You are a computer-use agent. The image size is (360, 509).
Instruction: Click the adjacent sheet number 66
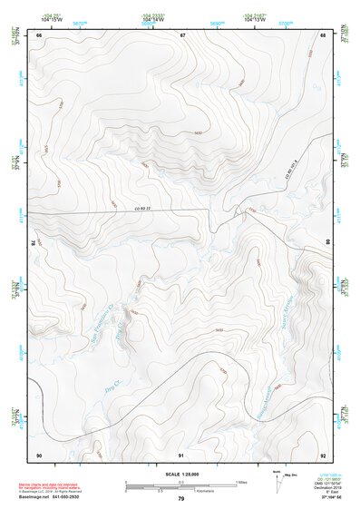(x=39, y=34)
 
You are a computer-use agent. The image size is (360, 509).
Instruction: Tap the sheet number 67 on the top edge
(x=182, y=34)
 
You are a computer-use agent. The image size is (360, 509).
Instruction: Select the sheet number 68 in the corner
(x=324, y=34)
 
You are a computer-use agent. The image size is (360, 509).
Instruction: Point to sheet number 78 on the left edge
(x=34, y=242)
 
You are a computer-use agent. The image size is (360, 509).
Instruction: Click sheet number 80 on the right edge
(x=328, y=242)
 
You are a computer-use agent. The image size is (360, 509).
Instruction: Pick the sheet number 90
(x=39, y=454)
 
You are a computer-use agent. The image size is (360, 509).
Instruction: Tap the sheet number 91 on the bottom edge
(x=181, y=454)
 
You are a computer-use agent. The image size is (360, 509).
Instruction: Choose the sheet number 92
(x=324, y=454)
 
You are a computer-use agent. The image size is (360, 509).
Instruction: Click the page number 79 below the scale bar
(x=181, y=499)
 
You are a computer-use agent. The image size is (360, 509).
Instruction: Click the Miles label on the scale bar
(x=242, y=481)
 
